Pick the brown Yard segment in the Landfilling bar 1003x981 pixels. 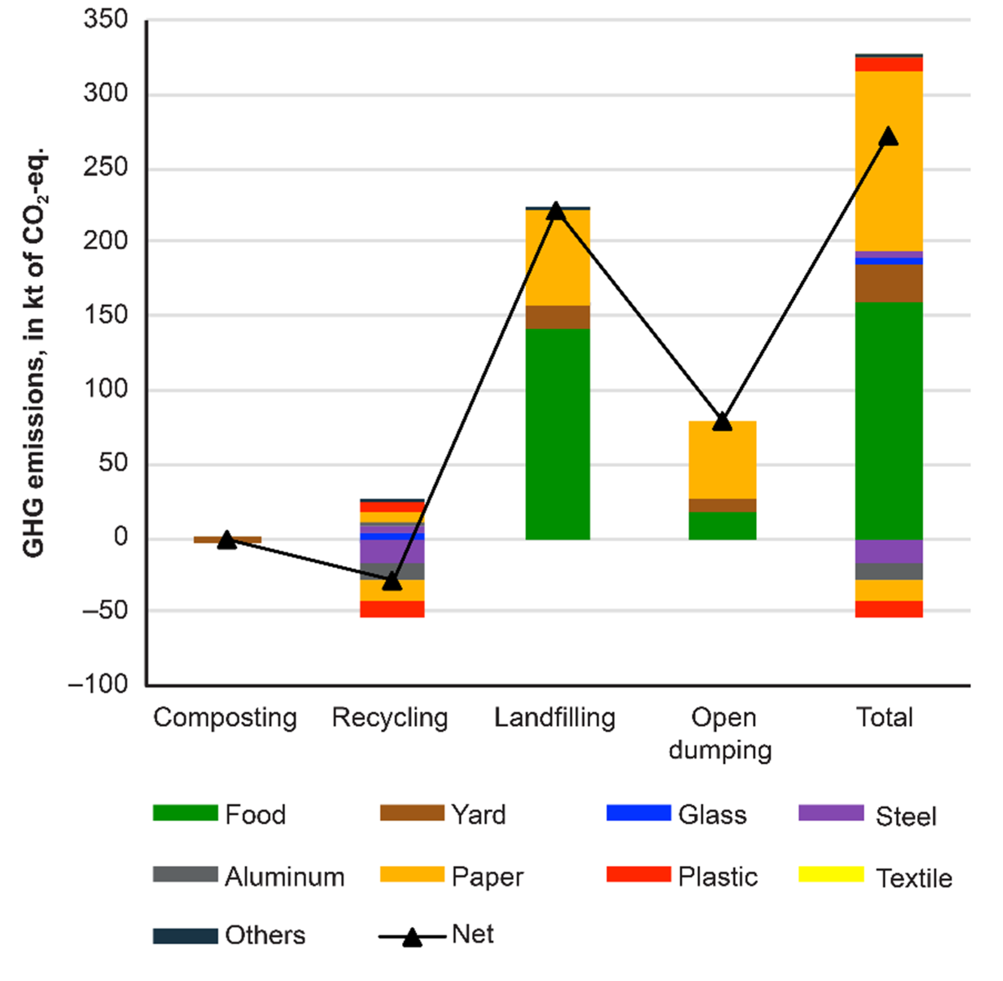coord(557,317)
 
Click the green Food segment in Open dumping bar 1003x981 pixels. coord(722,526)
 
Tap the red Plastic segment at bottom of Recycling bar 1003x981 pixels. coord(392,609)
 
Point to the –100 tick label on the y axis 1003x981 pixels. coord(98,684)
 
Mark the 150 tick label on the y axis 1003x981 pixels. coord(106,315)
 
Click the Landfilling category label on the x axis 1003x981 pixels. coord(555,718)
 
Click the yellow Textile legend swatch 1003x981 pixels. coord(831,874)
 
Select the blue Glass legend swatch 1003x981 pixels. coord(639,813)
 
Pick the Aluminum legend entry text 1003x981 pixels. coord(284,877)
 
